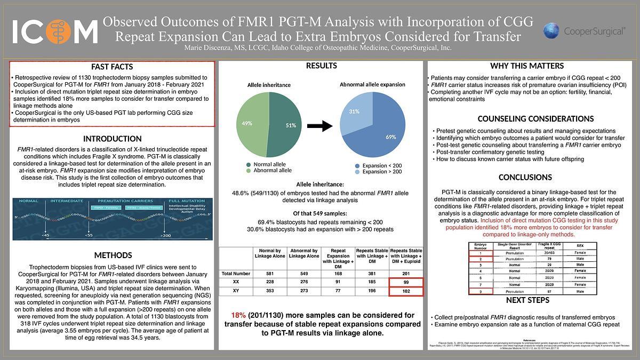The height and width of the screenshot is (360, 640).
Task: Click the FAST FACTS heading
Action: coord(112,67)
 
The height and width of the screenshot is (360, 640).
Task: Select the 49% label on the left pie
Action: coord(246,123)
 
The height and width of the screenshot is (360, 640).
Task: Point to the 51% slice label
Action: coord(291,125)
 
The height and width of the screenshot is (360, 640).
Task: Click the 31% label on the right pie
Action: coord(354,111)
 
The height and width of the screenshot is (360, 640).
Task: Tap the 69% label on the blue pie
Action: coord(390,137)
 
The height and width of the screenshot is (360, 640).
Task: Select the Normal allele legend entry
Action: coord(269,164)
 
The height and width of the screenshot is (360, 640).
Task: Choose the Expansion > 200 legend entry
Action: coord(381,172)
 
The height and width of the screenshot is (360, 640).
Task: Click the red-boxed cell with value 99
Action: coord(406,282)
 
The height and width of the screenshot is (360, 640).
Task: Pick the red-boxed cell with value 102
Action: coord(406,292)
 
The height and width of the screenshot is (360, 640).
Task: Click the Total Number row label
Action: coord(236,274)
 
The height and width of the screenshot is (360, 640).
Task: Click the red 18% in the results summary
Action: coord(238,315)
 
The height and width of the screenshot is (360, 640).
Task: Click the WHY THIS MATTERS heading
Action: coord(526,66)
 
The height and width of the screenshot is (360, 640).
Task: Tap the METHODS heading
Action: coord(112,255)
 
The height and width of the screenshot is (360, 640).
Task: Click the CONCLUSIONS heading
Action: coord(525,177)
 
